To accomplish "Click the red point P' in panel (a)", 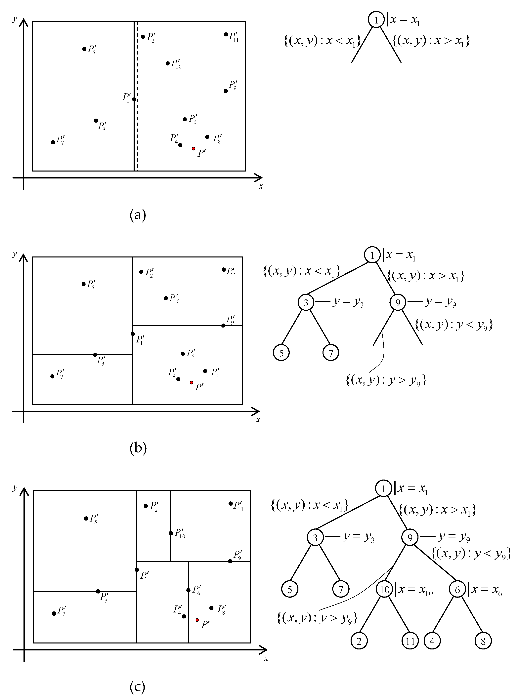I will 194,148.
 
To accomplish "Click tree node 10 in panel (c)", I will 384,590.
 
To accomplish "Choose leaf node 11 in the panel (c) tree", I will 410,641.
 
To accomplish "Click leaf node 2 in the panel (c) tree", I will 359,641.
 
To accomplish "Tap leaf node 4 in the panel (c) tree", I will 432,641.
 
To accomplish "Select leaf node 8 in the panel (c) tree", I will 483,641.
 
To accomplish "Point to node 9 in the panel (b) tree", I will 398,302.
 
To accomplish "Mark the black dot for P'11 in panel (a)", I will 226,34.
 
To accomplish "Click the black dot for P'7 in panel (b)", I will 52,376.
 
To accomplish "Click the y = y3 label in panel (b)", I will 348,302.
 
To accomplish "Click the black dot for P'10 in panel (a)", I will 167,63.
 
